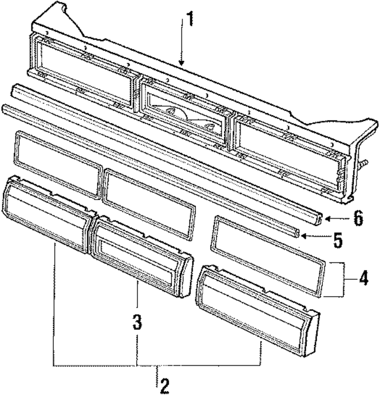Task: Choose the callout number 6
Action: coord(357,219)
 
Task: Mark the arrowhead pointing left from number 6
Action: coord(327,219)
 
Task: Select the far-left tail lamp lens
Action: coord(46,213)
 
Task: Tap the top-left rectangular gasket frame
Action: coord(57,163)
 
